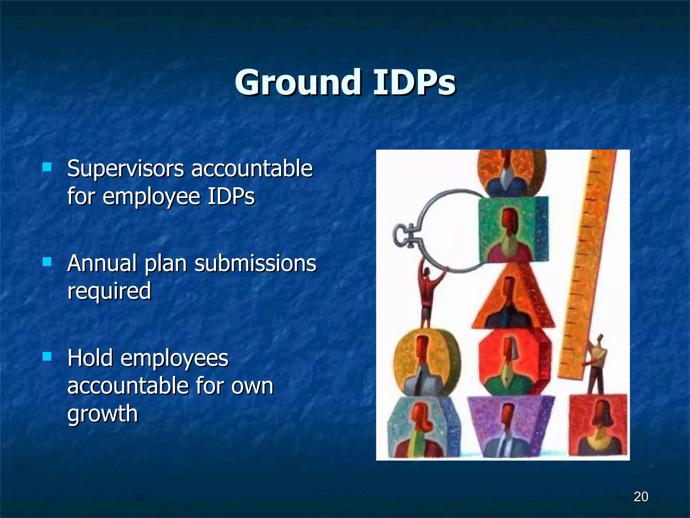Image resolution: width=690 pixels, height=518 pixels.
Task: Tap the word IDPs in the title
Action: pos(414,83)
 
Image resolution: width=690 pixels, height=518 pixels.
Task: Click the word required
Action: pos(109,291)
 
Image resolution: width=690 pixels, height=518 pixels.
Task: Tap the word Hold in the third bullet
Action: pos(90,358)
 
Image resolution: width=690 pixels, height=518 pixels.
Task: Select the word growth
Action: pos(102,414)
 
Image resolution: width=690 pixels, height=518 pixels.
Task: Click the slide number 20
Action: pos(641,497)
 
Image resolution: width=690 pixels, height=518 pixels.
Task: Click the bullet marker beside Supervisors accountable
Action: pos(47,167)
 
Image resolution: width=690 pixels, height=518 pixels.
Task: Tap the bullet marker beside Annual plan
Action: pos(47,262)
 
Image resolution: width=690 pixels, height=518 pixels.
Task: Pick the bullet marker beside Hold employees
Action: pos(47,356)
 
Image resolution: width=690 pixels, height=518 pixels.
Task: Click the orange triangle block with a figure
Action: pos(512,300)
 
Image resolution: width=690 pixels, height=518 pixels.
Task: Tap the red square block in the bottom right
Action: pos(598,425)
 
